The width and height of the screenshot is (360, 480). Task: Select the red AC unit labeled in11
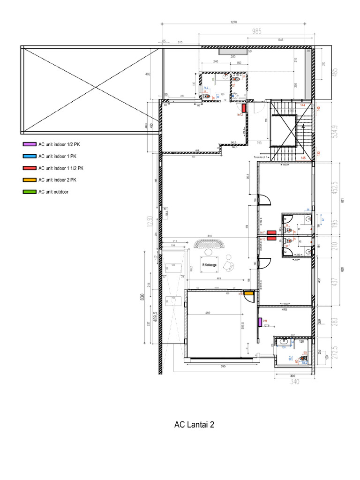[271, 232]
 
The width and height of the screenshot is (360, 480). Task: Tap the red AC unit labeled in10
[271, 239]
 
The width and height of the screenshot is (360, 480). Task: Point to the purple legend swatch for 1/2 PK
[29, 144]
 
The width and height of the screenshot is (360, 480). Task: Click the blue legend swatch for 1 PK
[29, 156]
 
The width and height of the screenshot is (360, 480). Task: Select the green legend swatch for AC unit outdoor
[29, 192]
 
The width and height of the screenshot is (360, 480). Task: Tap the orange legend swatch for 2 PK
[29, 180]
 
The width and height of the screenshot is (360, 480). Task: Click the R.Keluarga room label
[209, 265]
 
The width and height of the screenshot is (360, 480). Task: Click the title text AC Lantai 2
[194, 425]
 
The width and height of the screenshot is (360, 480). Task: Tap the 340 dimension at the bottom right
[294, 382]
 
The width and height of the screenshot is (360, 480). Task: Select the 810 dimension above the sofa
[210, 236]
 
